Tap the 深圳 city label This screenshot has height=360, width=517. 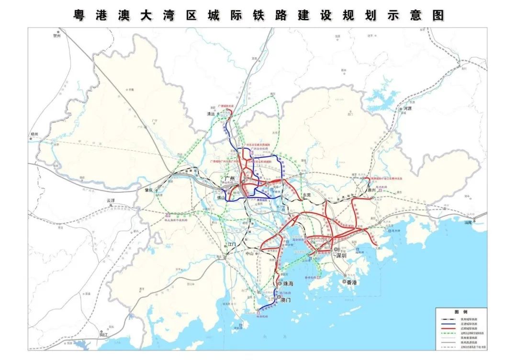tap(340, 256)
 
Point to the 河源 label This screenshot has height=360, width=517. tap(407, 109)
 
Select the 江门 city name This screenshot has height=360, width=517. tap(232, 244)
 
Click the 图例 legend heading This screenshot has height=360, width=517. tap(461, 312)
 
